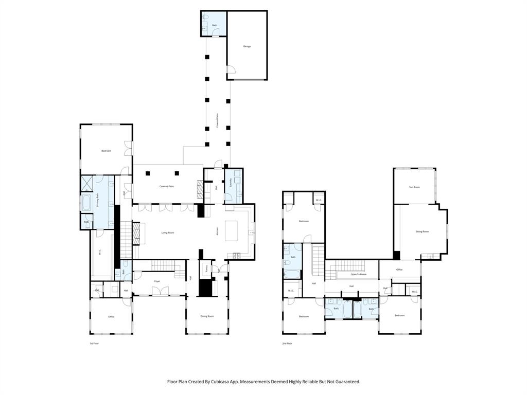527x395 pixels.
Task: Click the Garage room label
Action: pyautogui.click(x=247, y=46)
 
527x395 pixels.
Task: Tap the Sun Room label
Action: pyautogui.click(x=414, y=187)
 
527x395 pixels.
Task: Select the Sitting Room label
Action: pyautogui.click(x=422, y=232)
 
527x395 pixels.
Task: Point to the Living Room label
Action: pyautogui.click(x=168, y=233)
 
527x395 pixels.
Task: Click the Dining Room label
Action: pyautogui.click(x=207, y=316)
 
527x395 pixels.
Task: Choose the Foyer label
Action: pyautogui.click(x=157, y=281)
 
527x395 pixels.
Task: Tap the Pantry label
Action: pyautogui.click(x=206, y=268)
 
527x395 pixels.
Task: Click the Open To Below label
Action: pyautogui.click(x=359, y=275)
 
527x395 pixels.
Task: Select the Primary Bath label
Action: pyautogui.click(x=98, y=200)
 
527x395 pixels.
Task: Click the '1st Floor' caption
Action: pyautogui.click(x=94, y=343)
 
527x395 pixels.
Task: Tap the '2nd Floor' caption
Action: pyautogui.click(x=287, y=343)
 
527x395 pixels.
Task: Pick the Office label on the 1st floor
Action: pyautogui.click(x=111, y=317)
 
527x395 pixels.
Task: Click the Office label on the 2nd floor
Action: pyautogui.click(x=399, y=270)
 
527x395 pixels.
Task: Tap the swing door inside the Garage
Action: pyautogui.click(x=231, y=69)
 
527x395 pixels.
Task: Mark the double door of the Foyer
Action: pyautogui.click(x=160, y=291)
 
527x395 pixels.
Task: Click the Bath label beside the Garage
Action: pyautogui.click(x=215, y=25)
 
